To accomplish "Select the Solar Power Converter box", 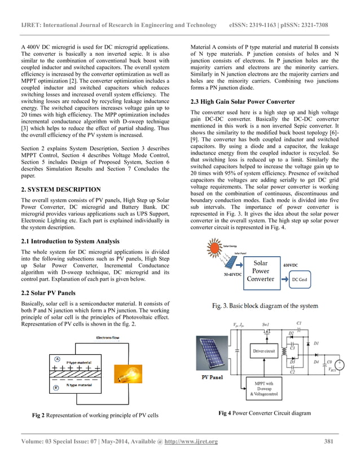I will click(x=261, y=271).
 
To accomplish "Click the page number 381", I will click(x=332, y=441).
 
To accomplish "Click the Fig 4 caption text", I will click(x=264, y=413).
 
